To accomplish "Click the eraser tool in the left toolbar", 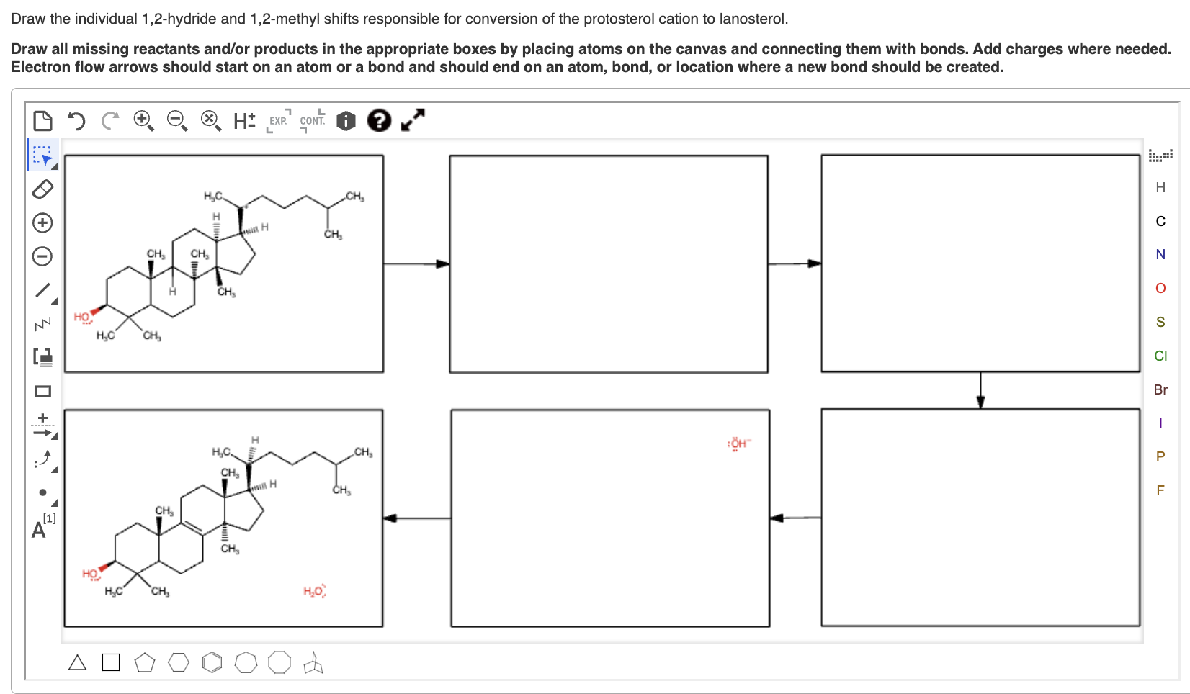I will (42, 189).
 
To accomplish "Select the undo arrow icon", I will (76, 120).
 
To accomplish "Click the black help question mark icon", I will (379, 120).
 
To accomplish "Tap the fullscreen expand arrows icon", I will (413, 120).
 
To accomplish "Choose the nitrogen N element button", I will (1160, 254).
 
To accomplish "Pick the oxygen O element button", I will (1160, 288).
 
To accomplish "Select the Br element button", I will (1160, 389).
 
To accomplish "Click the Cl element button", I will (1160, 356).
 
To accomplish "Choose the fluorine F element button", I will (1160, 490).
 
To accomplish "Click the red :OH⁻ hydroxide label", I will (738, 443).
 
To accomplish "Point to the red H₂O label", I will (314, 591).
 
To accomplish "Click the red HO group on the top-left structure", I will (82, 317).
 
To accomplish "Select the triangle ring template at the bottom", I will (77, 662).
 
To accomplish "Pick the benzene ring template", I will (212, 662).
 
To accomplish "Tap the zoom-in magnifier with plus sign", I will (143, 120).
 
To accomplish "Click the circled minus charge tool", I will (42, 256).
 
